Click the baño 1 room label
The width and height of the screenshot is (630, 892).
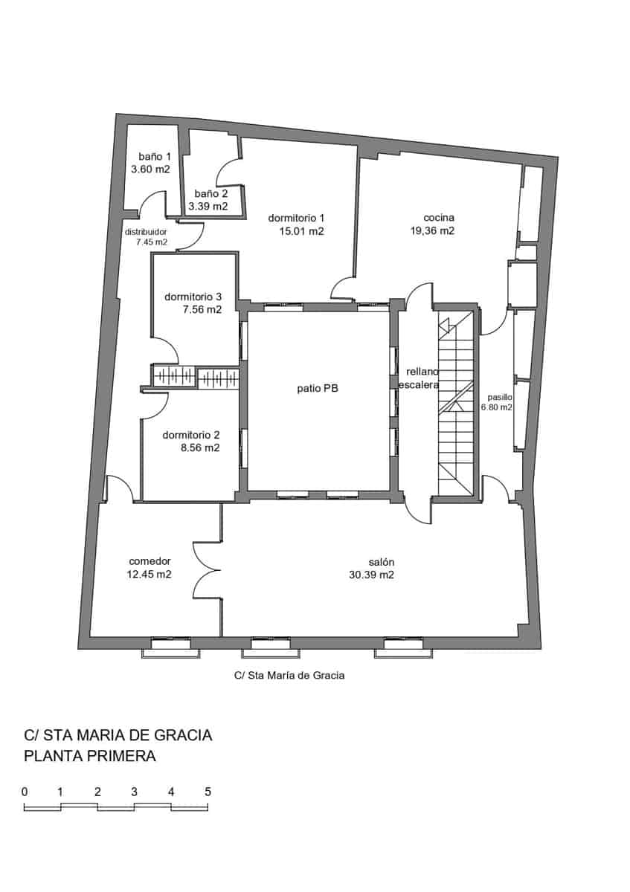(155, 157)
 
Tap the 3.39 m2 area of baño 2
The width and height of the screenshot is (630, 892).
(208, 206)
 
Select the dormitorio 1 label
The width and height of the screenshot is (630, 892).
(297, 218)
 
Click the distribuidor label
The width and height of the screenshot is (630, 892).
(151, 231)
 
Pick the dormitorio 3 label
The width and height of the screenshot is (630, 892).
(193, 297)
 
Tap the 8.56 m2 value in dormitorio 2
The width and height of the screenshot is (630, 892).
(201, 447)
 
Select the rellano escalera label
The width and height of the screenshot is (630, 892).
(420, 378)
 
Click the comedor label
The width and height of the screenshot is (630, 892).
(150, 560)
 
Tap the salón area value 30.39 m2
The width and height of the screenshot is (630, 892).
(371, 575)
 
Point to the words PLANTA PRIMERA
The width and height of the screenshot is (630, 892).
(90, 757)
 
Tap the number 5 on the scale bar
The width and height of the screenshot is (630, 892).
(208, 791)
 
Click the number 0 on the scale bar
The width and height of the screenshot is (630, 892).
(25, 791)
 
